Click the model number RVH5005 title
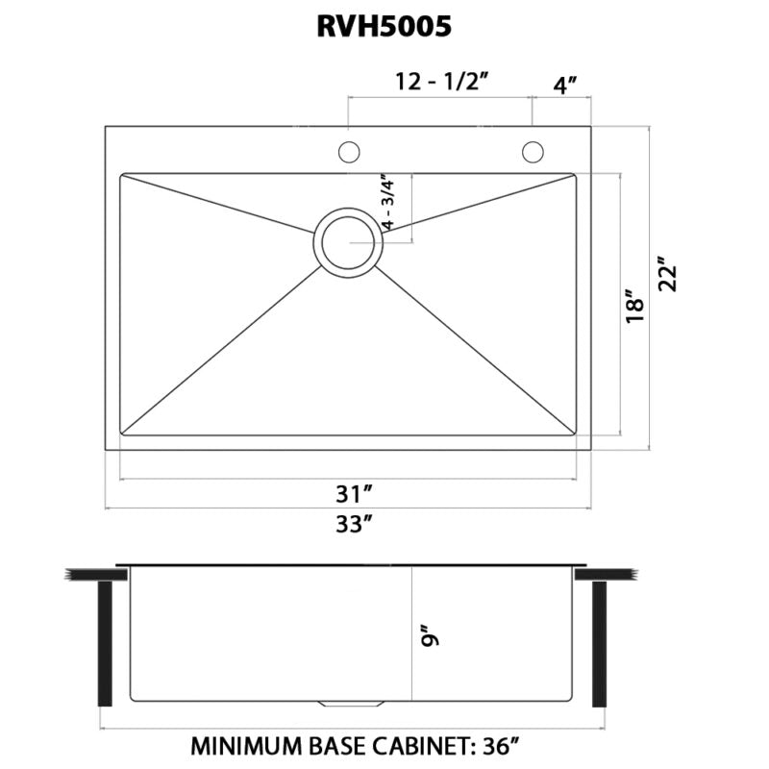click(384, 26)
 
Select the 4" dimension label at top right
click(564, 83)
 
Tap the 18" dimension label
click(633, 306)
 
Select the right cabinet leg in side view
click(601, 644)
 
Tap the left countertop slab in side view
click(96, 574)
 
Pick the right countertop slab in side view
click(607, 574)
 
